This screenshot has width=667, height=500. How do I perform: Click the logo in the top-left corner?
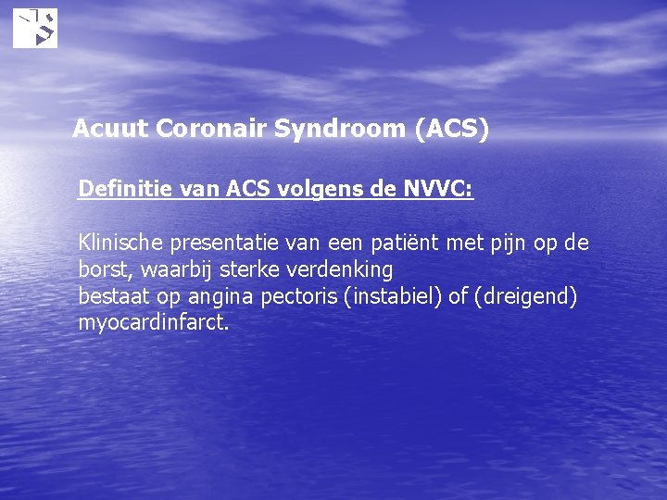pyautogui.click(x=35, y=28)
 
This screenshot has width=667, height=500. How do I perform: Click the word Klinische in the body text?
pyautogui.click(x=118, y=244)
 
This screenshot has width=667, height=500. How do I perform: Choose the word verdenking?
pyautogui.click(x=346, y=270)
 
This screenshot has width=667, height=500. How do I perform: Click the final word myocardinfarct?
pyautogui.click(x=153, y=324)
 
